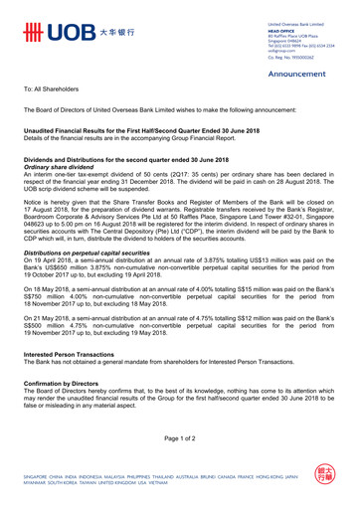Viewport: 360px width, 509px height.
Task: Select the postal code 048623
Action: (38, 225)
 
